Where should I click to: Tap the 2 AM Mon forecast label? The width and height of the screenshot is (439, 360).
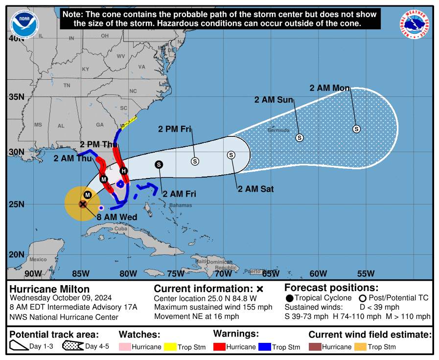click(x=329, y=88)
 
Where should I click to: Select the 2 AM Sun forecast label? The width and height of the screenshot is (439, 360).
click(x=273, y=100)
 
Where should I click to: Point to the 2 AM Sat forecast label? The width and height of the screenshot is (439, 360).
click(x=255, y=189)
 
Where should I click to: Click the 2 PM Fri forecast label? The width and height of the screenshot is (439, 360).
click(x=174, y=129)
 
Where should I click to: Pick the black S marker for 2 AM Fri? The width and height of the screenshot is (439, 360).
click(x=159, y=165)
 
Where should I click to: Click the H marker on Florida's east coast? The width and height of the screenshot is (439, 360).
click(x=124, y=171)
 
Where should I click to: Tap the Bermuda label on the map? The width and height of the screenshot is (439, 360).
click(x=278, y=130)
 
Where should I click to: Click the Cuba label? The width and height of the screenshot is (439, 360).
click(x=120, y=229)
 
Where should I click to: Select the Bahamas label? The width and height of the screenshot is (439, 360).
click(x=181, y=205)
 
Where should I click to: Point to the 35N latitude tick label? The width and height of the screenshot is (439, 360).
click(x=17, y=96)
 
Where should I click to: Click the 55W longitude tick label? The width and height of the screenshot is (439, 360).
click(x=366, y=273)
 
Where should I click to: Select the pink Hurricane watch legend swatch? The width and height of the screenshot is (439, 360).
click(x=125, y=347)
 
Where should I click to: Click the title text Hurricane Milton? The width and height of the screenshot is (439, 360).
click(x=49, y=289)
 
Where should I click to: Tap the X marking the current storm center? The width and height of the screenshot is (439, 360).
click(x=83, y=203)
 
